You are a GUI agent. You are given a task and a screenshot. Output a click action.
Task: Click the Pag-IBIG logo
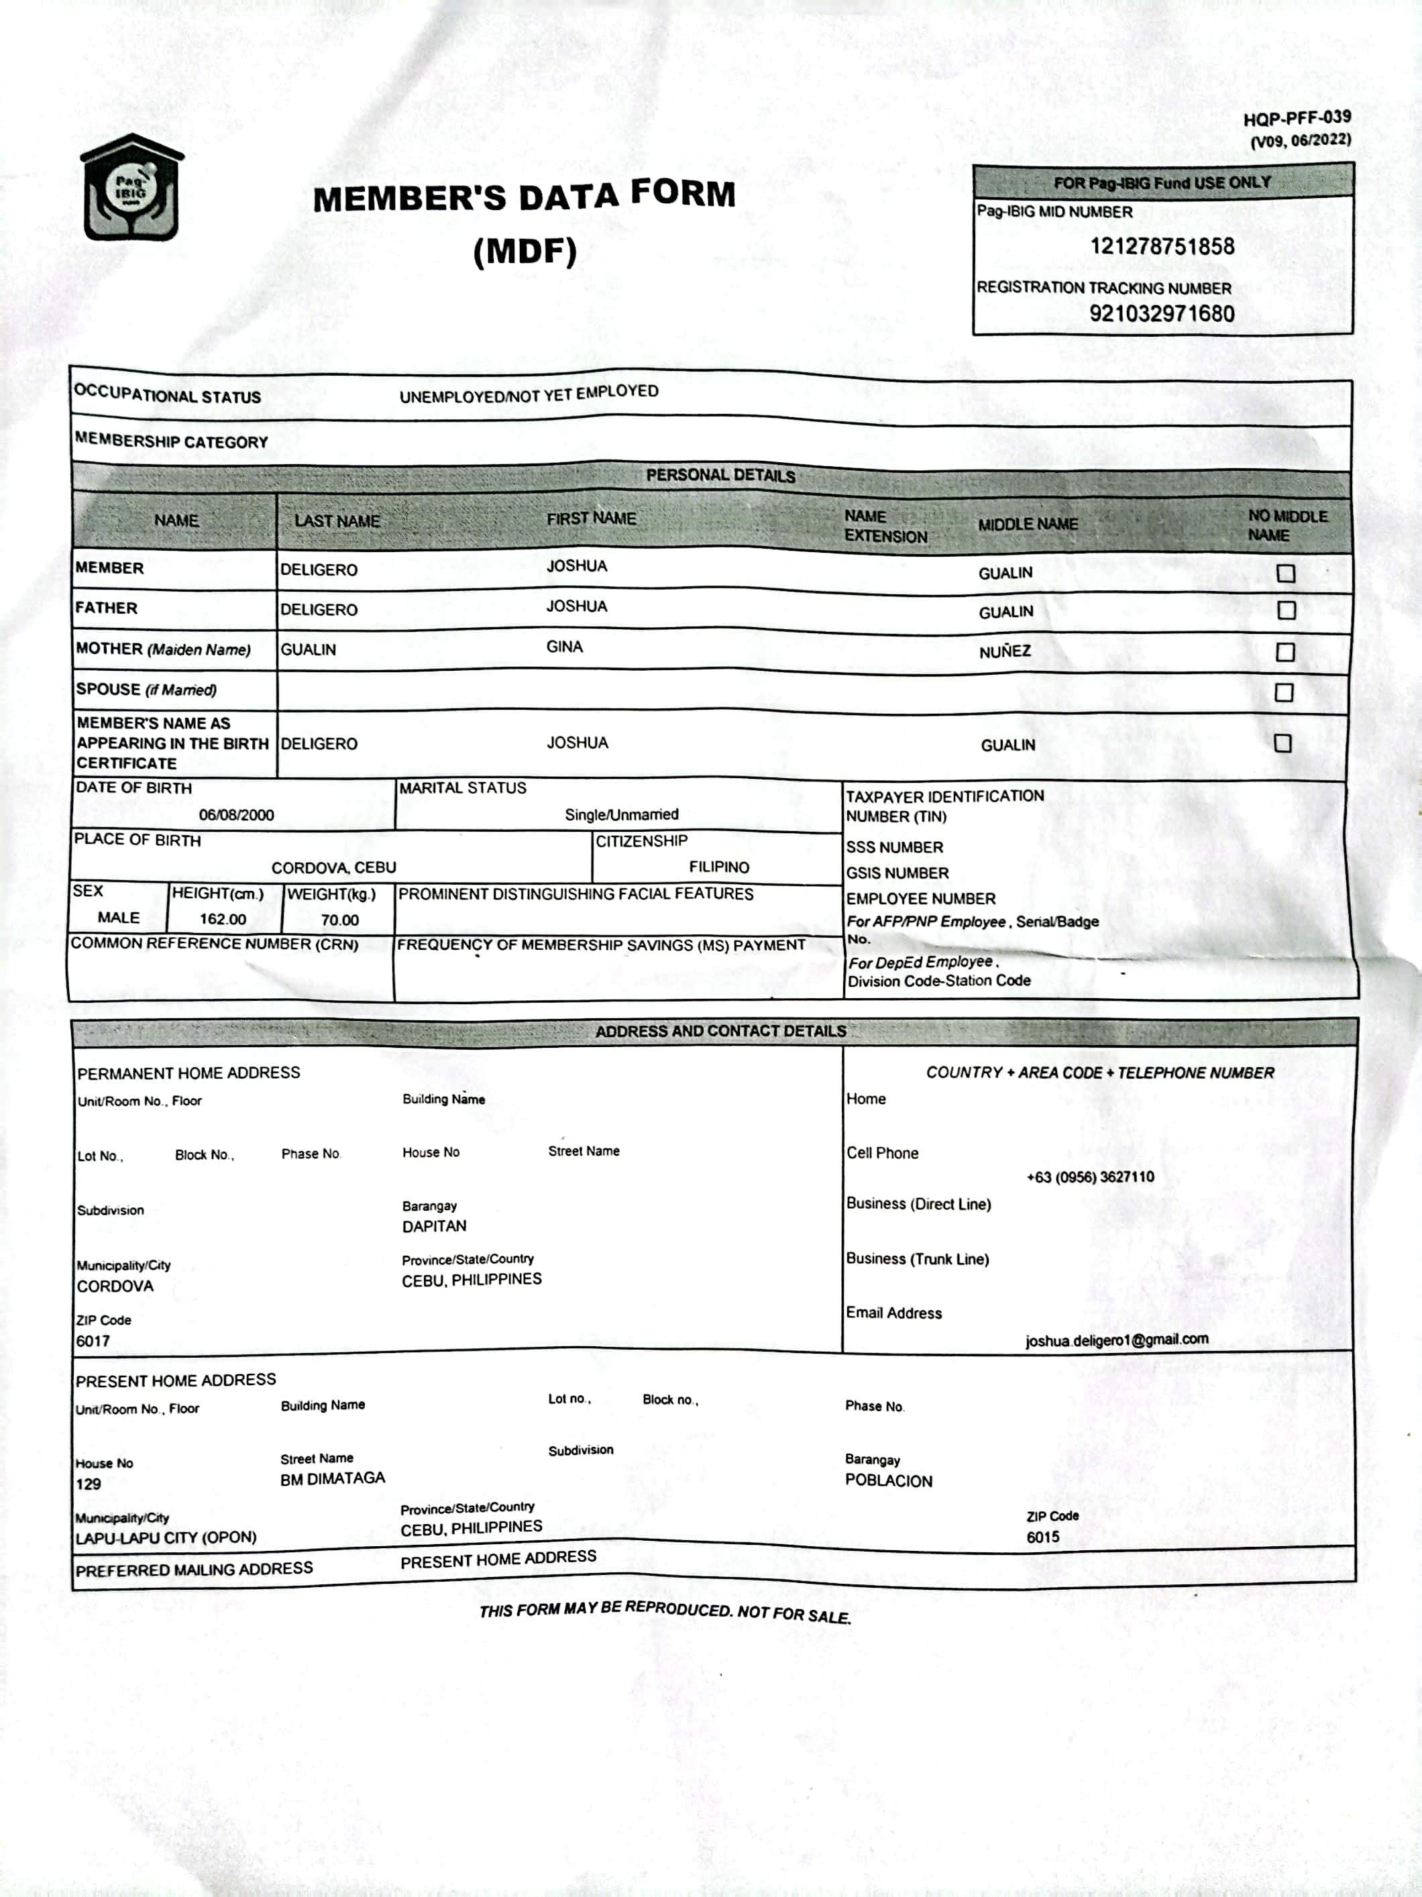(x=131, y=188)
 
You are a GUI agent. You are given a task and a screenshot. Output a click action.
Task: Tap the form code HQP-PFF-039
(x=1296, y=118)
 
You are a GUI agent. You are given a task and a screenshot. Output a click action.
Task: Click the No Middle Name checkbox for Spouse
(x=1283, y=692)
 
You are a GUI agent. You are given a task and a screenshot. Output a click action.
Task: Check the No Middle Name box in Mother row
(x=1284, y=652)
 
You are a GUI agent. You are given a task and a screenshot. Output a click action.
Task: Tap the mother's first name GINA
(x=564, y=647)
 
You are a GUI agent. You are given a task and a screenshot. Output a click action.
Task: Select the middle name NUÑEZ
(x=1004, y=652)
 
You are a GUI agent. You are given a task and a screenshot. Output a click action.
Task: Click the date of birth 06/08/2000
(x=236, y=815)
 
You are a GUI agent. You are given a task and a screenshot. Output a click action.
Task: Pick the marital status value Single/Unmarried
(x=621, y=815)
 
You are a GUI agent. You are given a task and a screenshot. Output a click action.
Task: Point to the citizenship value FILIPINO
(x=719, y=867)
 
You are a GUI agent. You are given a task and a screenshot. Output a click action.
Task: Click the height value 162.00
(x=223, y=920)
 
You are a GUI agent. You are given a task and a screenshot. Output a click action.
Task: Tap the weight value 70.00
(x=339, y=920)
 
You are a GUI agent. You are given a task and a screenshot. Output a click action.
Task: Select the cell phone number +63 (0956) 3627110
(x=1089, y=1177)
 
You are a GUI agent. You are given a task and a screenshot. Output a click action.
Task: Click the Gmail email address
(x=1116, y=1340)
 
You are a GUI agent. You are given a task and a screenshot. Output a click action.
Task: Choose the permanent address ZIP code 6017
(x=93, y=1342)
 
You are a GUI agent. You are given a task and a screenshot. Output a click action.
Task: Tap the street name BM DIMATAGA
(x=333, y=1478)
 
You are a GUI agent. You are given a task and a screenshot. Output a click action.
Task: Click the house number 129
(x=89, y=1484)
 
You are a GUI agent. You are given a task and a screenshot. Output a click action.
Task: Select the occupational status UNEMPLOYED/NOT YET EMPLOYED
(x=529, y=394)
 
